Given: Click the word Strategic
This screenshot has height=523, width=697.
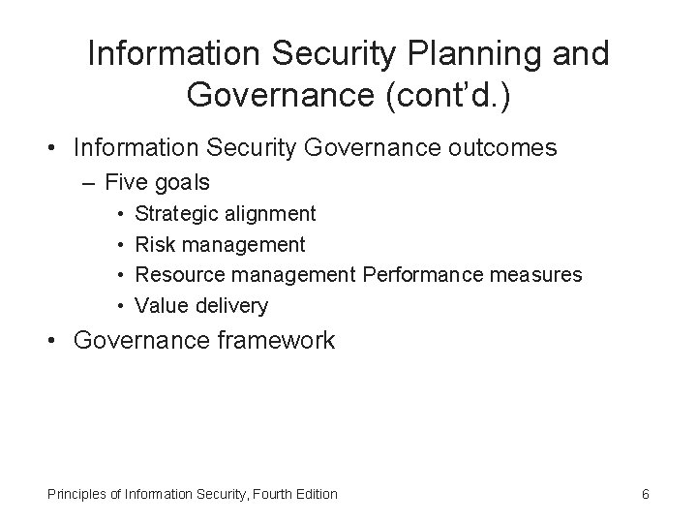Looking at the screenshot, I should [176, 213].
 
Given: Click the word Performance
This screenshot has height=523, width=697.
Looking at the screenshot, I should [421, 275].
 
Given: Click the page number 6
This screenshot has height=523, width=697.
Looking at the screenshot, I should [646, 495].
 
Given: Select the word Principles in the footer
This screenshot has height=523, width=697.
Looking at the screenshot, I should [76, 495].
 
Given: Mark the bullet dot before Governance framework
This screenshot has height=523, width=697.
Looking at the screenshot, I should [55, 341].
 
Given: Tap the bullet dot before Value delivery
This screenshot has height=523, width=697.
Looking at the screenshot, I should [121, 306].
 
